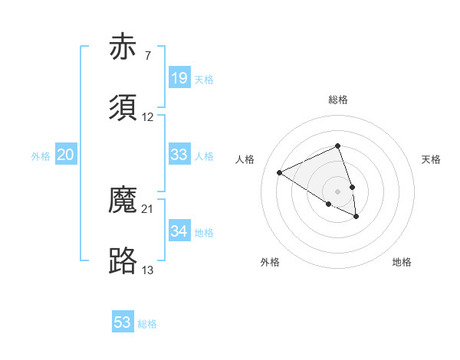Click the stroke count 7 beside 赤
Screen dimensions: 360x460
[x=147, y=56]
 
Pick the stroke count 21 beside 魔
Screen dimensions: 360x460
[x=147, y=209]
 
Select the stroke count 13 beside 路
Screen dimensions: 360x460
[x=147, y=270]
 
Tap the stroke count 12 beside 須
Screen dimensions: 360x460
[x=147, y=117]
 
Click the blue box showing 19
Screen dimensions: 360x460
[x=179, y=78]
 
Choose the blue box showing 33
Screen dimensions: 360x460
[x=179, y=155]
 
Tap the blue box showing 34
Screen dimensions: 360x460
[x=179, y=231]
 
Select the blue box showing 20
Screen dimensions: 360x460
[x=65, y=155]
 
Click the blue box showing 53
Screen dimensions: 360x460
[x=123, y=322]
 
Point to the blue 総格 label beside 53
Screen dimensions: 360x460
[x=147, y=324]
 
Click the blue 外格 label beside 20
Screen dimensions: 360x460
[x=41, y=156]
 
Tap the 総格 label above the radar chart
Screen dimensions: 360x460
[x=338, y=100]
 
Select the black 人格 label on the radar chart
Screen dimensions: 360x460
[x=245, y=159]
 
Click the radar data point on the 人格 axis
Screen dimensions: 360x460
[x=280, y=173]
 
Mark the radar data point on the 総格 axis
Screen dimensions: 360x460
[x=338, y=146]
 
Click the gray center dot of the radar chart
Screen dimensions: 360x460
[x=338, y=191]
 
